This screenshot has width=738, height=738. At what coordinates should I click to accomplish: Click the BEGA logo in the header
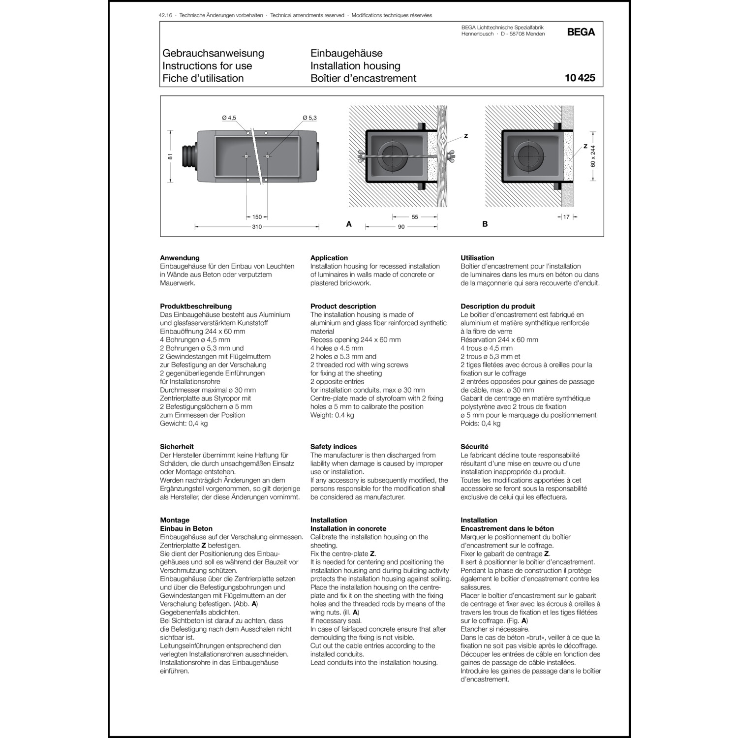[x=581, y=32]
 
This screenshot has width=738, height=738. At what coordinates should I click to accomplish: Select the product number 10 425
[x=580, y=78]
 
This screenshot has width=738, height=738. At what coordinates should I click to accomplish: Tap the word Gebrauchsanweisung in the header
[x=213, y=53]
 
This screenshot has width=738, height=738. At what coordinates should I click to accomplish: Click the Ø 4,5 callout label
[x=229, y=118]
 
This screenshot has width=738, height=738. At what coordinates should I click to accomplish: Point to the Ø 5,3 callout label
[x=309, y=118]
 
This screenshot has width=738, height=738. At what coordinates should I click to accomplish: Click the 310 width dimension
[x=257, y=227]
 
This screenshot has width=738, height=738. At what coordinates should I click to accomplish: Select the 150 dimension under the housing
[x=257, y=217]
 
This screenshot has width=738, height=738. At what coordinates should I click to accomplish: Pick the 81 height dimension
[x=170, y=156]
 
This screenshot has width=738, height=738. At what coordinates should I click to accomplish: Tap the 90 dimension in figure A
[x=401, y=227]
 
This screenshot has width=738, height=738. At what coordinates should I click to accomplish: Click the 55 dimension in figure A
[x=415, y=217]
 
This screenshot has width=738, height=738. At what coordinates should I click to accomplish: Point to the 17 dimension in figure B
[x=566, y=217]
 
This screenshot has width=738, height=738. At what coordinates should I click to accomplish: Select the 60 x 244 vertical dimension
[x=593, y=156]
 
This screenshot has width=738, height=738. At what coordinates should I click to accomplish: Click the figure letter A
[x=349, y=224]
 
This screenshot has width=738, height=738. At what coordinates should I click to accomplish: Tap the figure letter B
[x=485, y=224]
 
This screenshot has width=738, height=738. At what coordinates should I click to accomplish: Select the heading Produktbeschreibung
[x=196, y=306]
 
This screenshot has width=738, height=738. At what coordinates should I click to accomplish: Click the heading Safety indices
[x=334, y=447]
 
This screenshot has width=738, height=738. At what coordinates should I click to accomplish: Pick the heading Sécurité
[x=474, y=447]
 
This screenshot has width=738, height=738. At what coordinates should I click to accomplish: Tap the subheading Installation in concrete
[x=348, y=528]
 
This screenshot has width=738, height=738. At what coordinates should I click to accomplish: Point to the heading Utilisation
[x=477, y=258]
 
